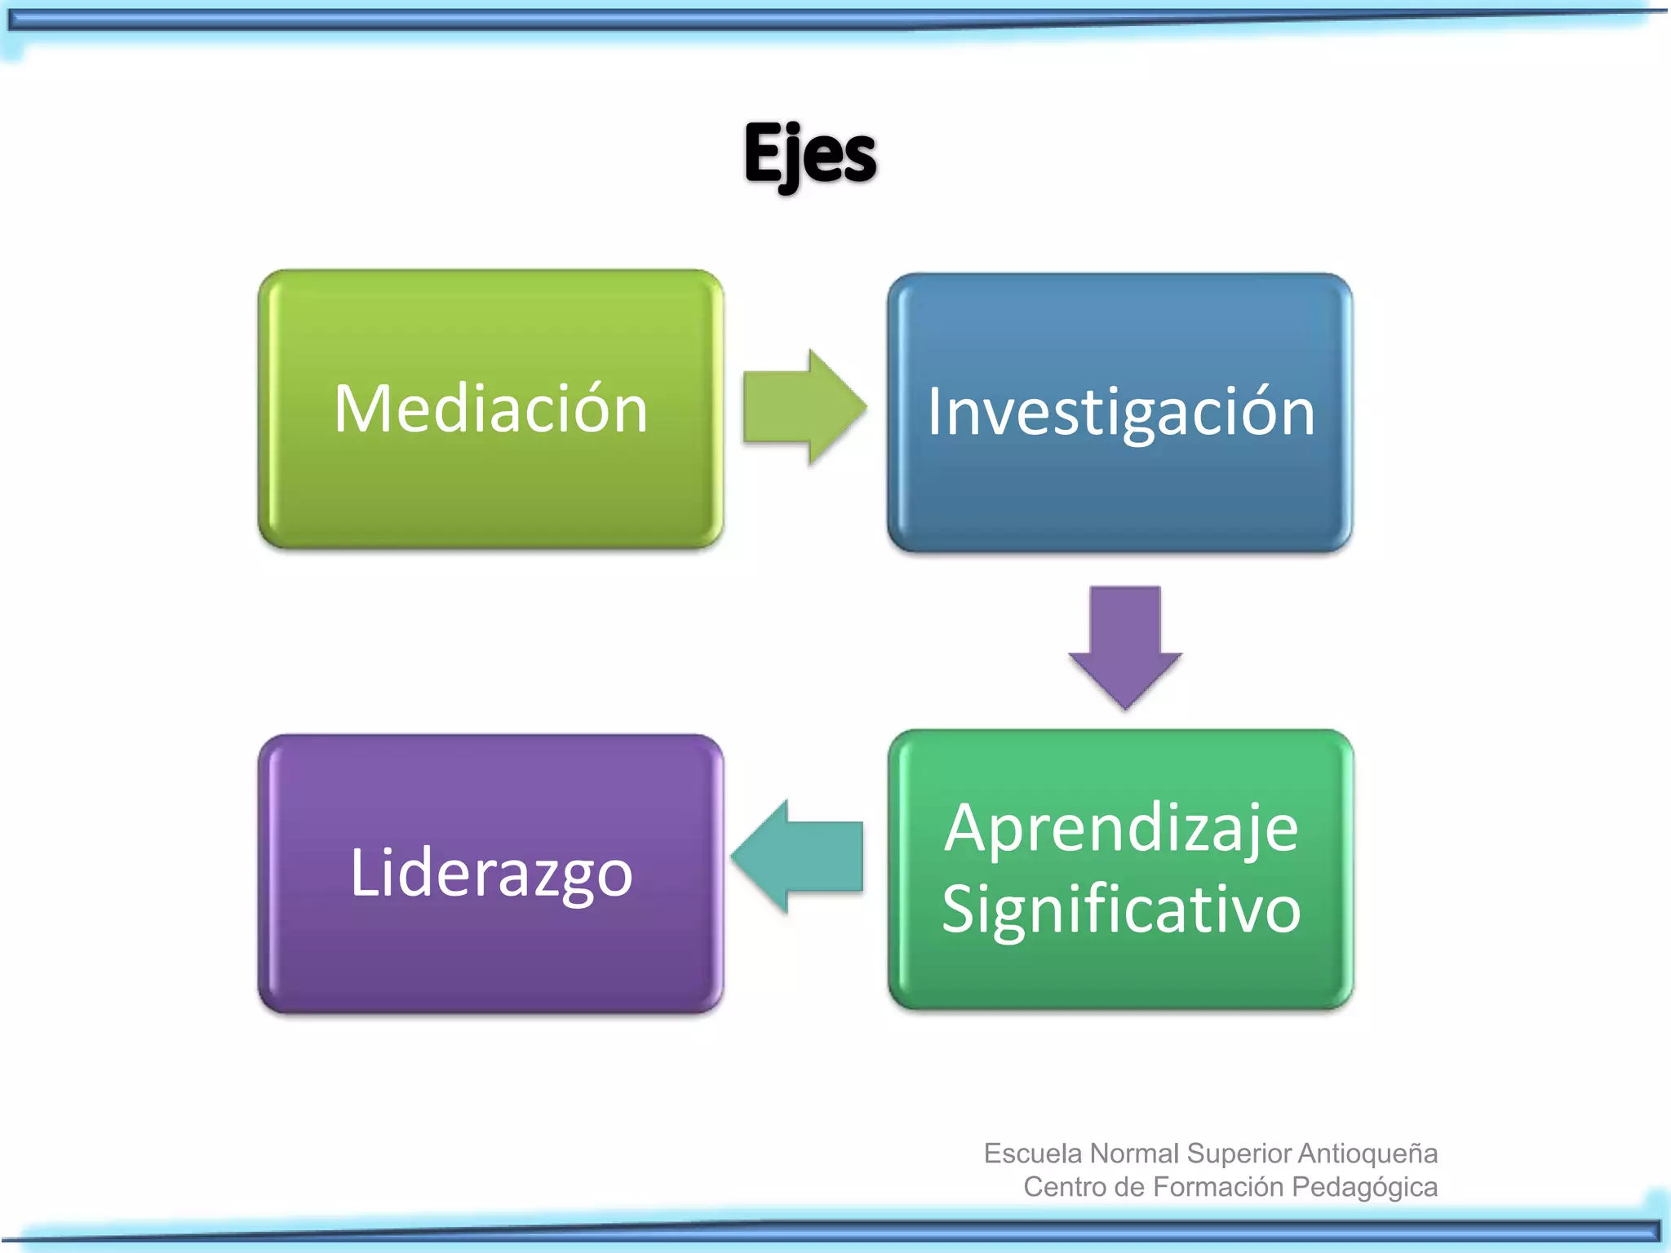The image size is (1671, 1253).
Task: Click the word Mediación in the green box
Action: click(490, 409)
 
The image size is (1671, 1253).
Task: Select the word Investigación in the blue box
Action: click(1121, 413)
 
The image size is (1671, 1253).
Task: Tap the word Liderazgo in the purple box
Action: click(491, 873)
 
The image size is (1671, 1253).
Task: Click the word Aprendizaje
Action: click(1121, 829)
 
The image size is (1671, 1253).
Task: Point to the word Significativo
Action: click(1121, 909)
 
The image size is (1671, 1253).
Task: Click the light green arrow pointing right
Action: click(804, 407)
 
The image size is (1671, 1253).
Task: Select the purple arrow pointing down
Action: click(1125, 645)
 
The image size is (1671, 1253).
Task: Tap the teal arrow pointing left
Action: click(798, 857)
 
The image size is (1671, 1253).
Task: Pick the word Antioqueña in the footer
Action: click(1367, 1153)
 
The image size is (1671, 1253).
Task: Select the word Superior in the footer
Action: click(1240, 1153)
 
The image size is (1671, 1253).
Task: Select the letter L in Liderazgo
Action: click(363, 872)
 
